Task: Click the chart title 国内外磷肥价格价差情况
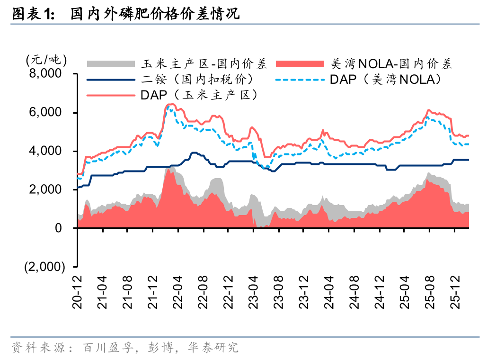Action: coord(155,14)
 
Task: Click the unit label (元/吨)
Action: coord(46,60)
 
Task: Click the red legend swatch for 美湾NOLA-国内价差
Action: coord(299,64)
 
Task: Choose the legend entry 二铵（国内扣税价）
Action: coord(199,79)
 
